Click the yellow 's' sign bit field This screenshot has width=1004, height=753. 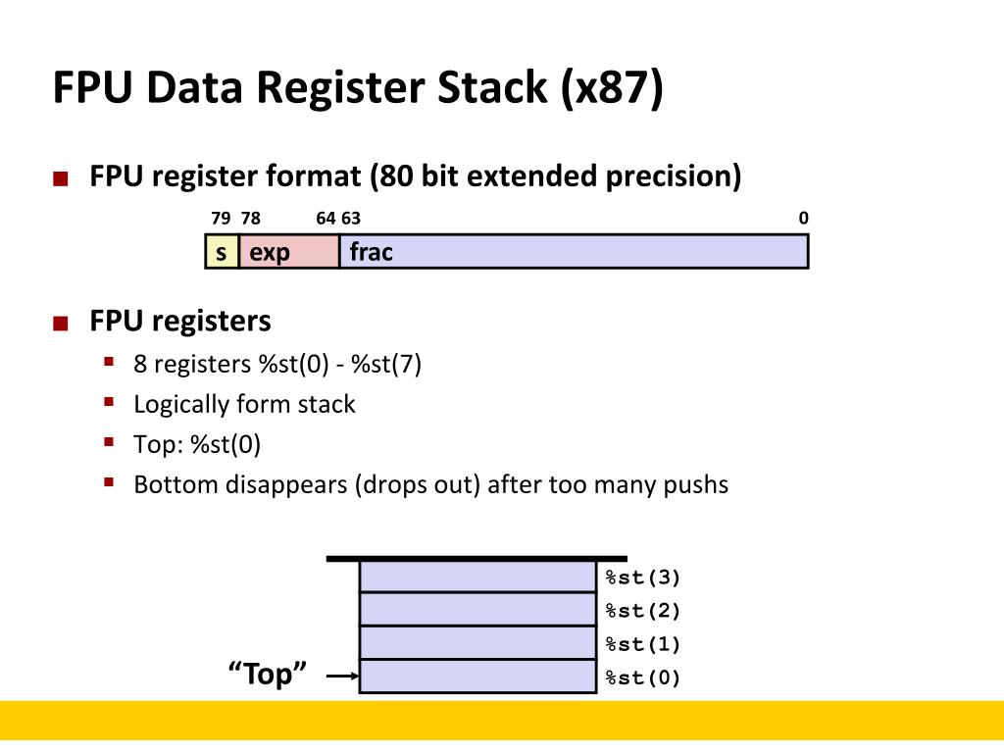(222, 252)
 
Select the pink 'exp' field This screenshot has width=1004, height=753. (288, 252)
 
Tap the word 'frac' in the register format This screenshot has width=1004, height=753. (371, 252)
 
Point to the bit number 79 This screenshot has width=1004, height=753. (221, 219)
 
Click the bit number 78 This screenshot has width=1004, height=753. (251, 219)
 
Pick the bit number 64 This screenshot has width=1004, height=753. (326, 219)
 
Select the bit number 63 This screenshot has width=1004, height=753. (351, 219)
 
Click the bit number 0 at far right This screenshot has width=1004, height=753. (803, 219)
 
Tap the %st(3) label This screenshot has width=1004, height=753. (642, 577)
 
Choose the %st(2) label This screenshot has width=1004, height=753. (642, 611)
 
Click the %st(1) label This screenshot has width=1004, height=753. (642, 644)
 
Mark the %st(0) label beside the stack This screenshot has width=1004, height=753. (642, 678)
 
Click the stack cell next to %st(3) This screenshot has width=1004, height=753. (477, 577)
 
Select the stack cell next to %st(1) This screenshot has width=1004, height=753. (477, 643)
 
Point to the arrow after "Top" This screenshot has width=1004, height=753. (341, 676)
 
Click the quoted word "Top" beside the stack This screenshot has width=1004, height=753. (268, 675)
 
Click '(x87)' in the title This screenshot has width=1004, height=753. (613, 87)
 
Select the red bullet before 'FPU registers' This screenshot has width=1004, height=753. (61, 323)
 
